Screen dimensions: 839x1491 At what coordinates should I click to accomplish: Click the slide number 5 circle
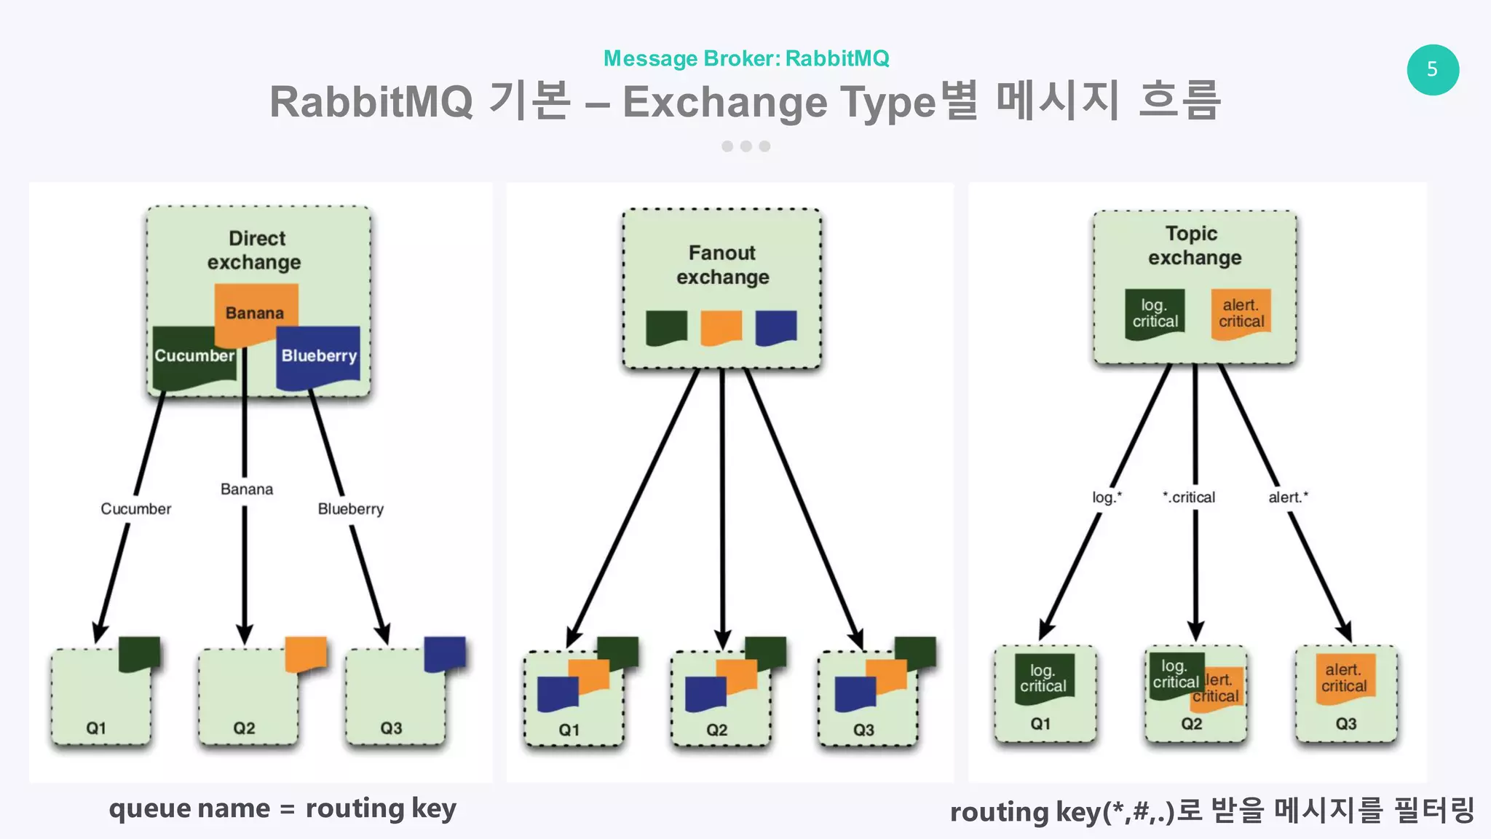point(1432,70)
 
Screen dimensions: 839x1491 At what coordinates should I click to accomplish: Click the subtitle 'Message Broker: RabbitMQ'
point(746,58)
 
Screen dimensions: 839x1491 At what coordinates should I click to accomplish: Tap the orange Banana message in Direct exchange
point(256,312)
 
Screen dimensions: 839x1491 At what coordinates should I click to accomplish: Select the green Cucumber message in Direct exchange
point(194,356)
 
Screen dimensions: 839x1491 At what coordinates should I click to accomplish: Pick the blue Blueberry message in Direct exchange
point(319,356)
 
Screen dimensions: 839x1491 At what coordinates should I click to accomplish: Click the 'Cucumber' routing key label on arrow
point(136,509)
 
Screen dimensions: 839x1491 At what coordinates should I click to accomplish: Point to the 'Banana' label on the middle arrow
point(247,489)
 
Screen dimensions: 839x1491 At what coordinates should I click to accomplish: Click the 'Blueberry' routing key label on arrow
point(350,509)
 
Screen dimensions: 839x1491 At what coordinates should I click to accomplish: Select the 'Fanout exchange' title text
point(722,264)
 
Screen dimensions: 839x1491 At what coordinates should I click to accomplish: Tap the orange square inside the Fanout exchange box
point(721,327)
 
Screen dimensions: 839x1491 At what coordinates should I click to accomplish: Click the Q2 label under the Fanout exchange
point(716,730)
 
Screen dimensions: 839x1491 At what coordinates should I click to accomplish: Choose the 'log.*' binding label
point(1107,497)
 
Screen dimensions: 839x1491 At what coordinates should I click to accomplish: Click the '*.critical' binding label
point(1189,497)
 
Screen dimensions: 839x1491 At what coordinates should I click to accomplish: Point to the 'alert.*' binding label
point(1288,497)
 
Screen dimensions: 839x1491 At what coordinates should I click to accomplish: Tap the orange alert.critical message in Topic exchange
point(1241,314)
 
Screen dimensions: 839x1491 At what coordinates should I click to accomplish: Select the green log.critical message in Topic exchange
point(1155,314)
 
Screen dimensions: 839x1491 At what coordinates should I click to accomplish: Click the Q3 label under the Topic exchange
point(1345,724)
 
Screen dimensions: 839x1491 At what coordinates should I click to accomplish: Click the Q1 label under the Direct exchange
point(96,728)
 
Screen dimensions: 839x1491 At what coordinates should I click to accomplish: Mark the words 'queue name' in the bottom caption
point(189,809)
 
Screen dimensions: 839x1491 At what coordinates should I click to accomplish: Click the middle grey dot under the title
point(745,146)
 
